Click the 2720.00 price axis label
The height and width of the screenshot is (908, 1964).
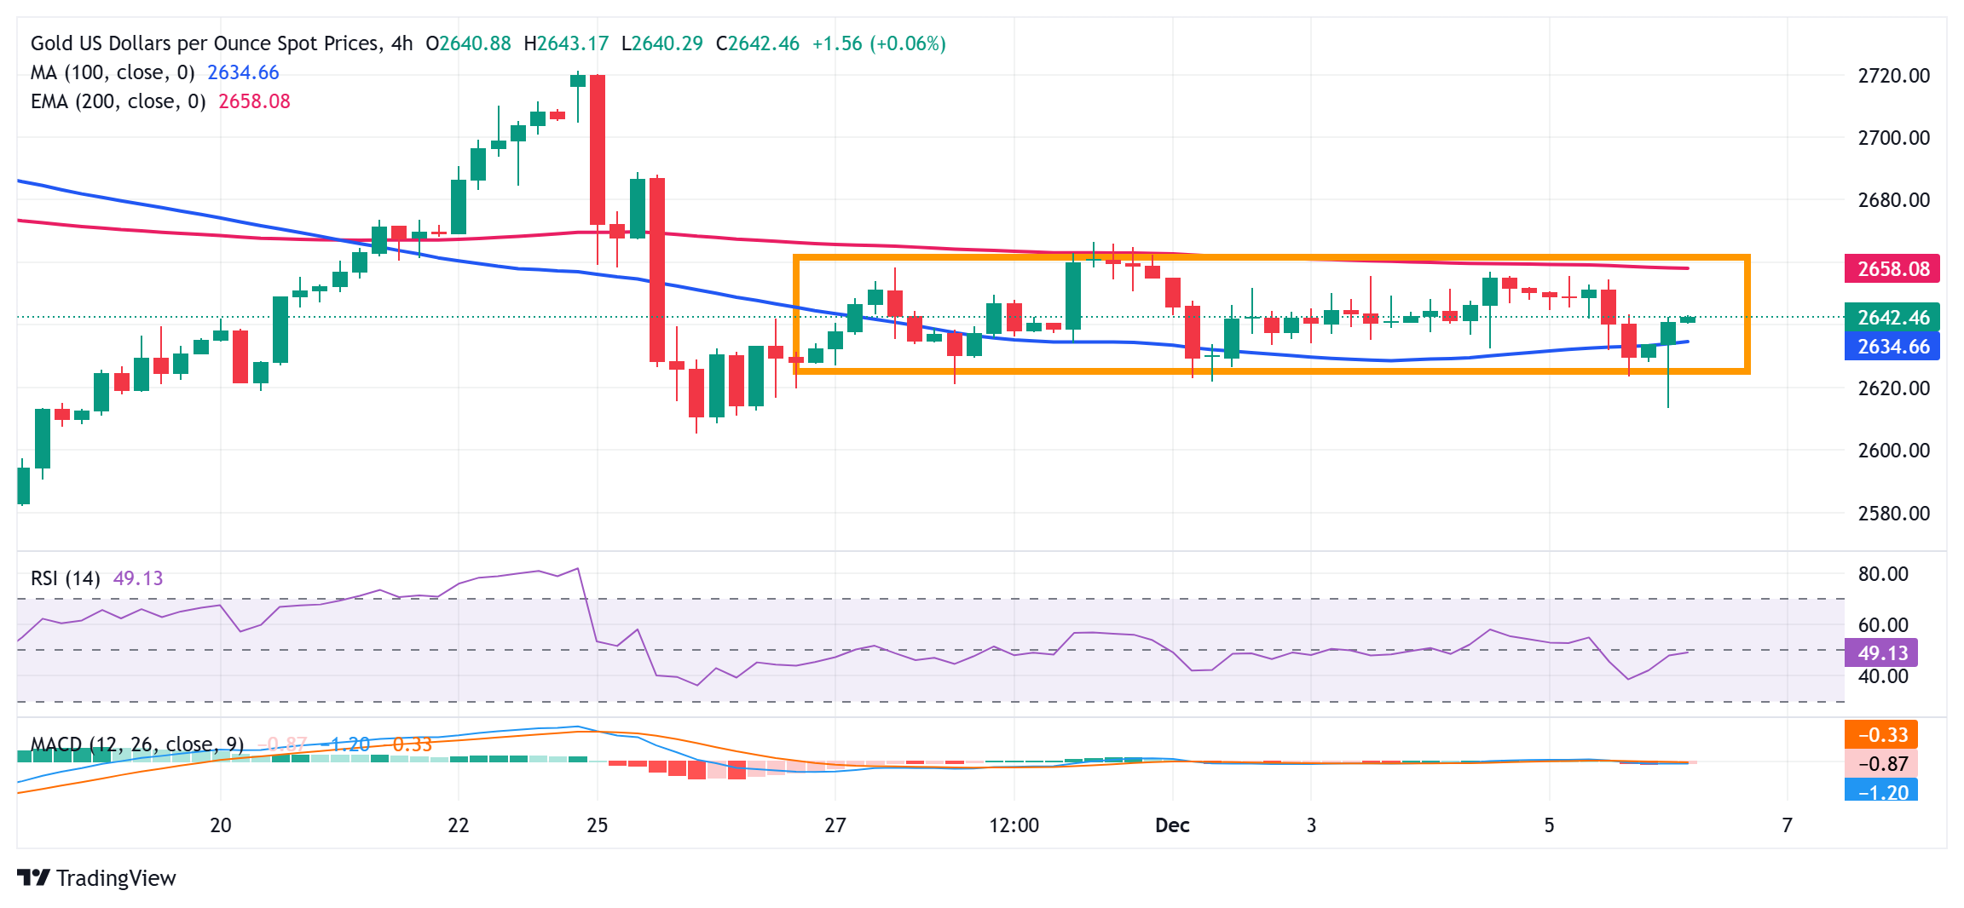click(1893, 76)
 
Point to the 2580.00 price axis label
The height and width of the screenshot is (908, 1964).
click(1893, 513)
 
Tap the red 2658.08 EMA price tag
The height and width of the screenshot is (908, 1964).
click(1892, 269)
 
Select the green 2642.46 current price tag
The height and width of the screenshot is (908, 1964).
click(1892, 318)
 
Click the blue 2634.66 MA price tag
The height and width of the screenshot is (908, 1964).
click(1892, 347)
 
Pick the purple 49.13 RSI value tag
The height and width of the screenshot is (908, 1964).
click(1881, 653)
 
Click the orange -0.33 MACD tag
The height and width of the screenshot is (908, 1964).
click(1881, 735)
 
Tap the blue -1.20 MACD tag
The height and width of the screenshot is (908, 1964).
click(1881, 792)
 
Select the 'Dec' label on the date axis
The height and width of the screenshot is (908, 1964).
click(1172, 825)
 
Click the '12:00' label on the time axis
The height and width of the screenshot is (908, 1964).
click(1014, 825)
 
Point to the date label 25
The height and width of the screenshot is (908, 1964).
click(598, 825)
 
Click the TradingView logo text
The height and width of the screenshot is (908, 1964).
click(116, 878)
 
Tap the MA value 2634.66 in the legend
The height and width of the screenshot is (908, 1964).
click(243, 72)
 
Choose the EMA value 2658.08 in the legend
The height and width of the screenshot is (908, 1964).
click(254, 101)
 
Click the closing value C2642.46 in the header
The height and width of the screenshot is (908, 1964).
click(758, 43)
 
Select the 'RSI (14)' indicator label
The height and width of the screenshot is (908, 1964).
click(65, 578)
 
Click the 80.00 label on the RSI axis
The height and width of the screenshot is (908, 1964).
click(1882, 574)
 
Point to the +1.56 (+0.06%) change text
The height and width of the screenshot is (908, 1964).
click(878, 43)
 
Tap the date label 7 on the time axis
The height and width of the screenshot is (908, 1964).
click(1787, 825)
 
